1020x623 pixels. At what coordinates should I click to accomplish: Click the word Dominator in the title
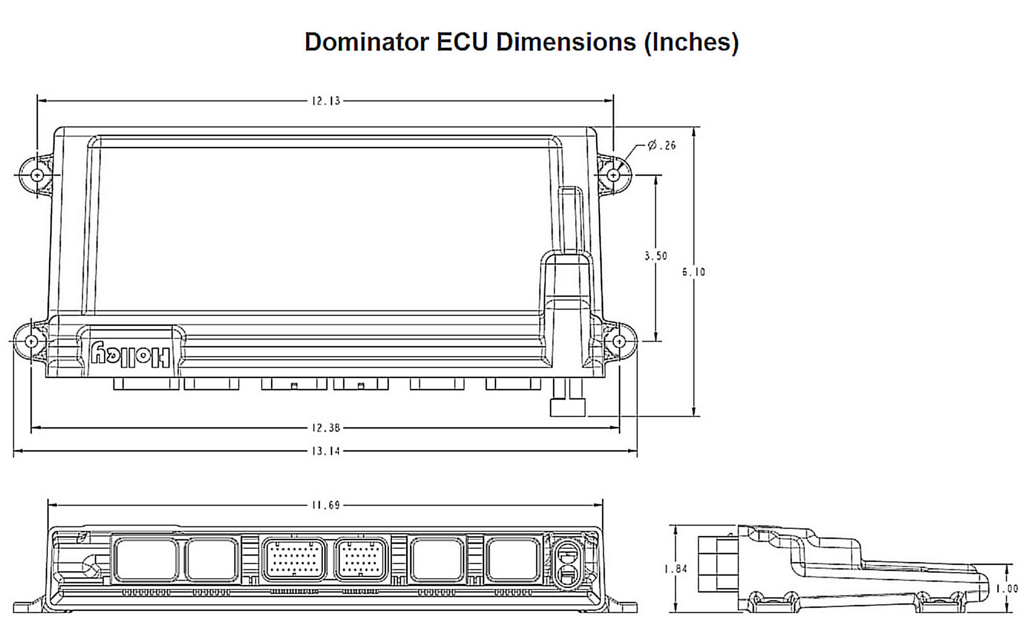(366, 42)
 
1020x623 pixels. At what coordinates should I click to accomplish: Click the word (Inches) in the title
(691, 42)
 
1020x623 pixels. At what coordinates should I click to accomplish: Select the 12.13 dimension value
(326, 101)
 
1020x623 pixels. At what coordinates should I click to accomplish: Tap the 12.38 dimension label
(326, 428)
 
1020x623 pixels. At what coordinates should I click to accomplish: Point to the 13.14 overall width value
(326, 451)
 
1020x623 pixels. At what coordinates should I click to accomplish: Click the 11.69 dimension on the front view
(326, 506)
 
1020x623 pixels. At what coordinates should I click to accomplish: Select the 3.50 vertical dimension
(655, 256)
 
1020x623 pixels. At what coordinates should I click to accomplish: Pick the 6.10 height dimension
(694, 272)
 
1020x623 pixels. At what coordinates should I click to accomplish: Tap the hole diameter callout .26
(662, 146)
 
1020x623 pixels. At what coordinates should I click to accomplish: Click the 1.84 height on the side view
(675, 569)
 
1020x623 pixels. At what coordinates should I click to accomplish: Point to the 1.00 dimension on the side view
(1007, 589)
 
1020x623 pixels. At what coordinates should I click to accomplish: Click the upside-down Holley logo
(131, 355)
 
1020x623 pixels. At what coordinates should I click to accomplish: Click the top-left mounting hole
(37, 175)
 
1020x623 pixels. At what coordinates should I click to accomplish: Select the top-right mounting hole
(613, 175)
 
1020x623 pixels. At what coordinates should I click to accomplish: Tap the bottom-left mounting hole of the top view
(31, 341)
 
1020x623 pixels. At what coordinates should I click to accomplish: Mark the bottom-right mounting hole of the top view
(619, 341)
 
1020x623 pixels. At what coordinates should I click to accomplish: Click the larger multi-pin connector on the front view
(294, 560)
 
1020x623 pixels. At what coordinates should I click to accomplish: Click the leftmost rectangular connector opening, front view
(146, 560)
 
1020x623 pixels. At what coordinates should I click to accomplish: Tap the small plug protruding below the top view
(567, 406)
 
